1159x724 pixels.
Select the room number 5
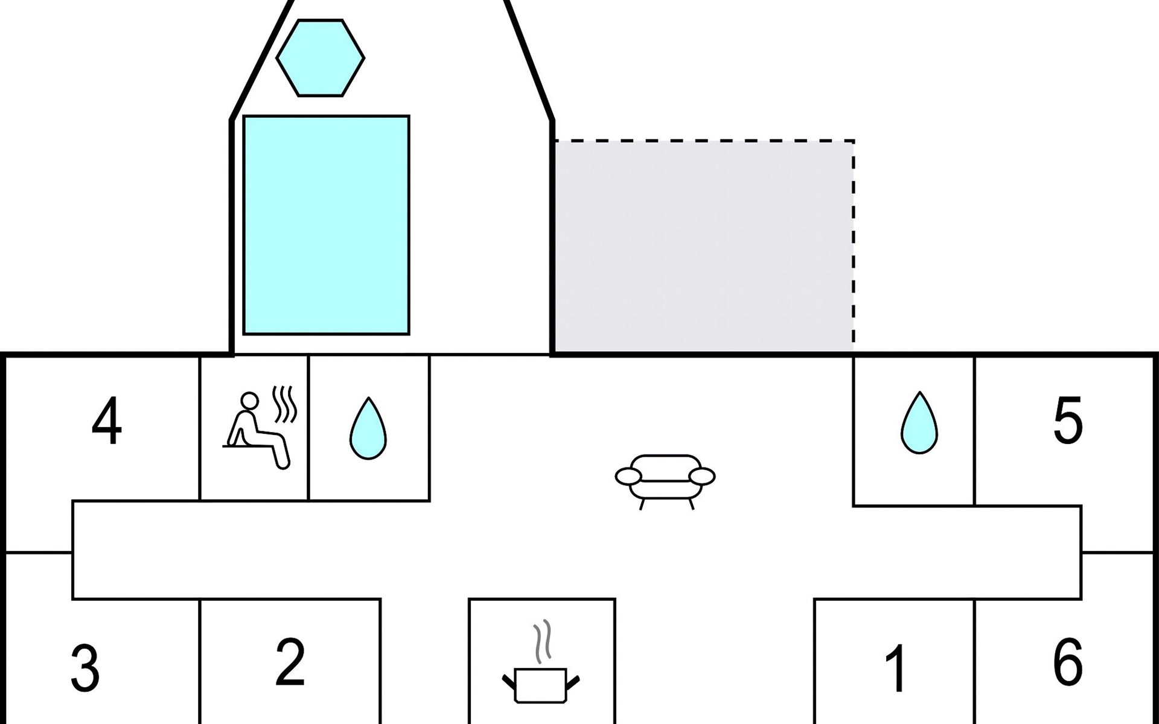pos(1067,421)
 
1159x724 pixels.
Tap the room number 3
pos(85,668)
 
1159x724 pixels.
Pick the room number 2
pos(290,662)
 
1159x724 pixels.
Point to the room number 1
pos(896,668)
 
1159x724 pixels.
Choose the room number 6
pos(1067,662)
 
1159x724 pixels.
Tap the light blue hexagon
pos(321,58)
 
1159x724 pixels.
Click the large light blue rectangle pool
pos(326,224)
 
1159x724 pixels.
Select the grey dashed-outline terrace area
pos(703,246)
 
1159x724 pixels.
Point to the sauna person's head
pos(249,401)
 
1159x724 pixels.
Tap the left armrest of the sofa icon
pos(628,477)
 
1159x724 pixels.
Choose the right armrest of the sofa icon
pos(703,477)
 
